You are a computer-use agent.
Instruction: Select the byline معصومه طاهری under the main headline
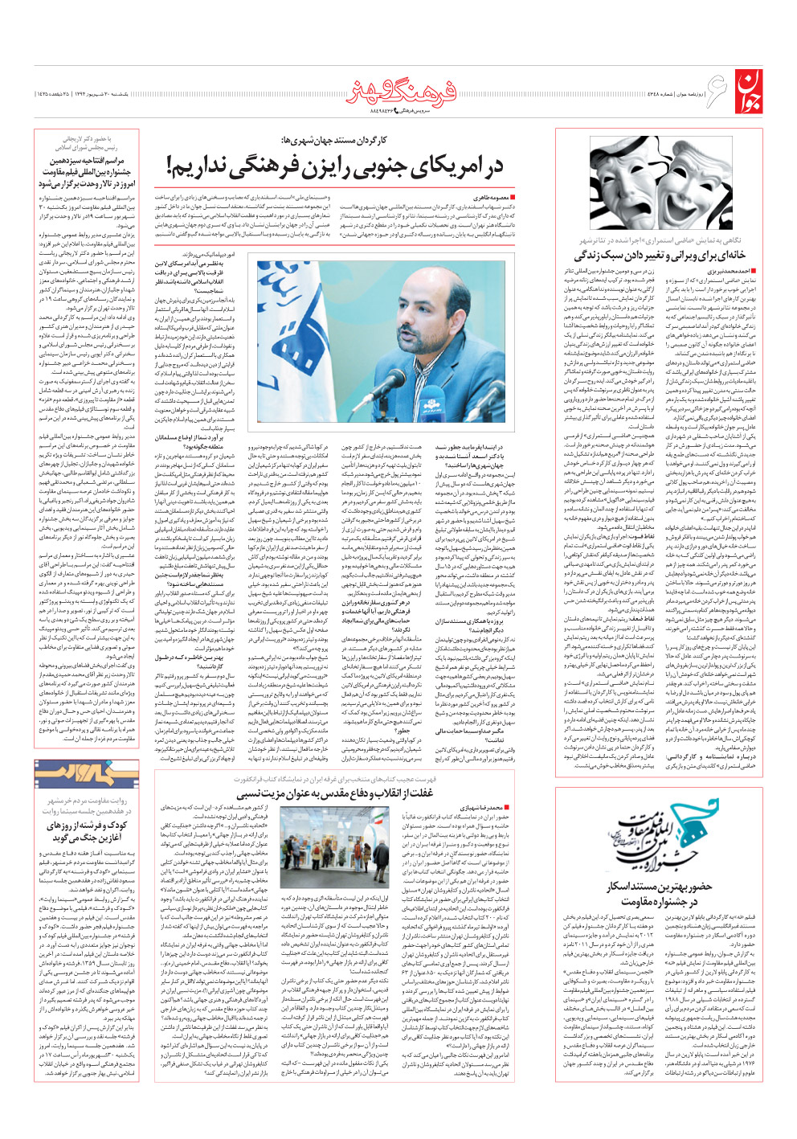point(490,197)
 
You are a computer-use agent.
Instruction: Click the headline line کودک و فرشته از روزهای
point(87,826)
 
